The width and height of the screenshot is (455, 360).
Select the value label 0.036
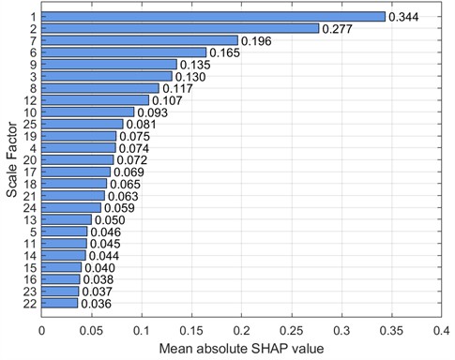[x=96, y=304]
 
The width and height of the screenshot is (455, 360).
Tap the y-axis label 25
[x=31, y=124]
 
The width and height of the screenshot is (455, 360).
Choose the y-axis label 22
[x=31, y=304]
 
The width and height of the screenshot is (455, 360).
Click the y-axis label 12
[x=31, y=100]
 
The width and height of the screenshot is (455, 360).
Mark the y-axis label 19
[x=31, y=136]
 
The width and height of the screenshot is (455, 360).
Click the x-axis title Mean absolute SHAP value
[x=241, y=349]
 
